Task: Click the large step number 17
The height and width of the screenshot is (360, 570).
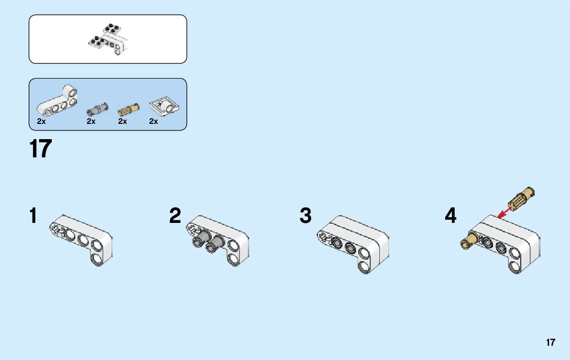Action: pos(41,149)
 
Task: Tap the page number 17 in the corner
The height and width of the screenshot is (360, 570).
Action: pos(550,342)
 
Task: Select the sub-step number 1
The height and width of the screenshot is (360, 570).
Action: pos(33,216)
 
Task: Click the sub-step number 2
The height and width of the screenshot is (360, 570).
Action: pos(175,216)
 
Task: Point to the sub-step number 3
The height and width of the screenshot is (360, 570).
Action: pos(305,216)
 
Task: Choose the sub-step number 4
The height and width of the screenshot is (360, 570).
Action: pos(450,216)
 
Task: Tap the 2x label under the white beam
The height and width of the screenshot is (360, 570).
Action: pos(42,121)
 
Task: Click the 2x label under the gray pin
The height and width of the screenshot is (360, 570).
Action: pos(91,121)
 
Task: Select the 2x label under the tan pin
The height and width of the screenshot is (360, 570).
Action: pos(122,121)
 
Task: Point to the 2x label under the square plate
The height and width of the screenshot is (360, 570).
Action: pos(153,121)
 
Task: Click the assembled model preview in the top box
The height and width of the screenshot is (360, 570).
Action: pos(108,39)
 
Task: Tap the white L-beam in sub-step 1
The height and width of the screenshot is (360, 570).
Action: pos(81,239)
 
